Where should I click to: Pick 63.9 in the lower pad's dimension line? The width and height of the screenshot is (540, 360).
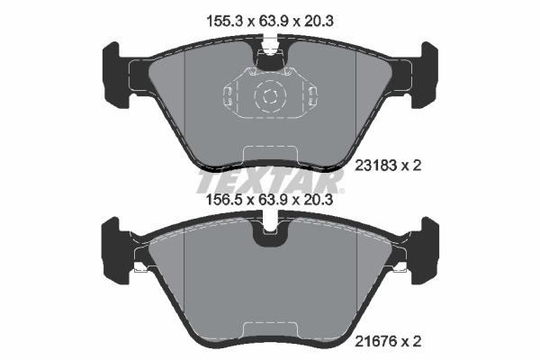tap(270, 203)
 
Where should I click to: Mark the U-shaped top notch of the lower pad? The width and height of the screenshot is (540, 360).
tap(269, 233)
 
